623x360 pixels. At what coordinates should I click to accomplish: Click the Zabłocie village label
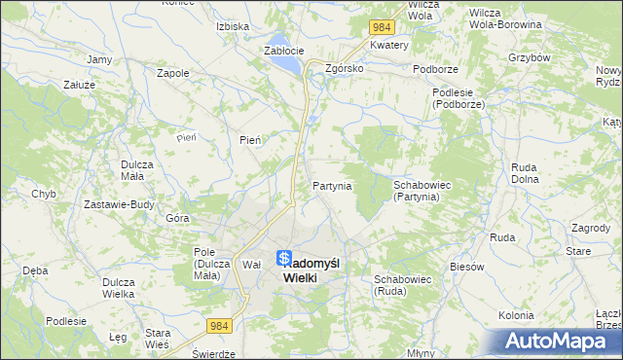[x=283, y=51]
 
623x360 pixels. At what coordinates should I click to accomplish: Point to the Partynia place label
[x=332, y=185]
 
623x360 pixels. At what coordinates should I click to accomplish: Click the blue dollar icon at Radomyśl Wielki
[x=282, y=259]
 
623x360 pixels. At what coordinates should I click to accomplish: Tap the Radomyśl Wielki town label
[x=311, y=270]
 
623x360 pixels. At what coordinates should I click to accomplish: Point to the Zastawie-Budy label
[x=120, y=204]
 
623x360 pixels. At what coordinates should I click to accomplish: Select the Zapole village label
[x=172, y=72]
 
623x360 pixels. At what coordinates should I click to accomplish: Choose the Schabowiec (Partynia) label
[x=417, y=190]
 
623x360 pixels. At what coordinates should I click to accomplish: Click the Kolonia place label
[x=516, y=315]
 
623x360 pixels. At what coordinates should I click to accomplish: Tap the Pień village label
[x=250, y=140]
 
